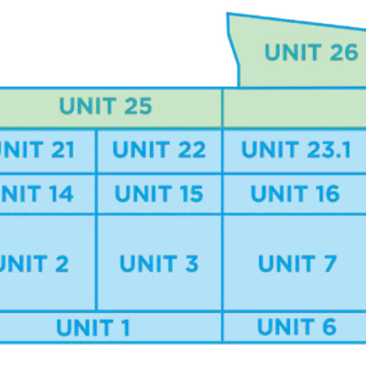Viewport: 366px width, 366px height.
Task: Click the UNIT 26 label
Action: (310, 53)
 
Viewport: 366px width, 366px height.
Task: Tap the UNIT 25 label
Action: (105, 106)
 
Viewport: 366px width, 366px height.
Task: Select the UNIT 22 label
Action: (159, 150)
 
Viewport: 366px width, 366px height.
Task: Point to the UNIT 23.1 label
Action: (296, 150)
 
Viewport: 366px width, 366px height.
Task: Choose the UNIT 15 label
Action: (159, 194)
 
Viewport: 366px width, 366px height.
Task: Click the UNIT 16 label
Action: (295, 194)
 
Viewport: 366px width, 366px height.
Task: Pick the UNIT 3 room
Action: (159, 263)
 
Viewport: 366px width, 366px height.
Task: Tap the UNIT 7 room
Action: (297, 263)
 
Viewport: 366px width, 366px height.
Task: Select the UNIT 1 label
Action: (93, 328)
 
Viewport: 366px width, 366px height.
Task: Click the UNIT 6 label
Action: (296, 327)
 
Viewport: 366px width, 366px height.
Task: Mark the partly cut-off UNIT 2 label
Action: (34, 263)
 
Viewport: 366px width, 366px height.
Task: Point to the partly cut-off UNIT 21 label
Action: (37, 150)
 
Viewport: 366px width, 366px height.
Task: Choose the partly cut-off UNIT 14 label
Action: (37, 194)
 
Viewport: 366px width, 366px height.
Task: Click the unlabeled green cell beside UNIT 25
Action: (294, 108)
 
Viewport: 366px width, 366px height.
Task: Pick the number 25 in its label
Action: (137, 106)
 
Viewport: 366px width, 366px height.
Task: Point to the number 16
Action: (325, 194)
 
